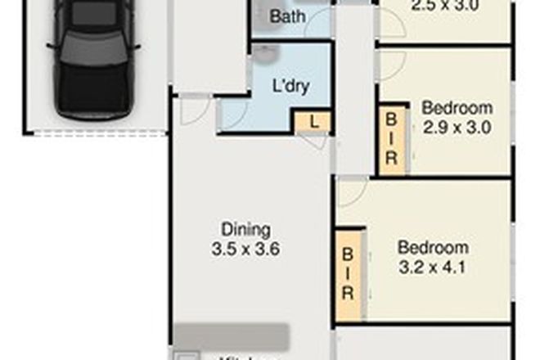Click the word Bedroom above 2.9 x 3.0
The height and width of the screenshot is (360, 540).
point(457,108)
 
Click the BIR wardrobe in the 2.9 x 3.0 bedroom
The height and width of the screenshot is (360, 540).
point(391,138)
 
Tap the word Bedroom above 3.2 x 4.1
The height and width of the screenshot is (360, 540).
point(433,247)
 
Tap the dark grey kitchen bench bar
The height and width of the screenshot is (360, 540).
point(231,336)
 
